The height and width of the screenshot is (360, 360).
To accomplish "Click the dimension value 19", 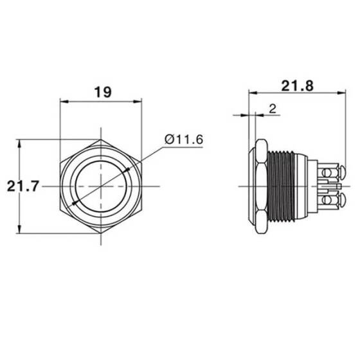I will [101, 91].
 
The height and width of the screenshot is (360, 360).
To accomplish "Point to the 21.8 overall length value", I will [296, 85].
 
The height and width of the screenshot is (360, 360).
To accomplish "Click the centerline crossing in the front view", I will [101, 186].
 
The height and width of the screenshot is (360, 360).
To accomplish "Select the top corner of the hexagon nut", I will [101, 138].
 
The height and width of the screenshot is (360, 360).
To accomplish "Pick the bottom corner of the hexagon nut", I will [101, 235].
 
